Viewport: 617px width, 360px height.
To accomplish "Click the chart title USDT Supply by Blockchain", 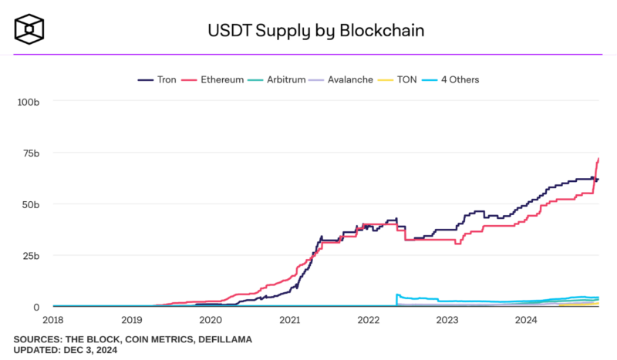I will coord(315,32).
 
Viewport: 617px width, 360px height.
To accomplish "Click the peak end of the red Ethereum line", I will coord(598,159).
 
